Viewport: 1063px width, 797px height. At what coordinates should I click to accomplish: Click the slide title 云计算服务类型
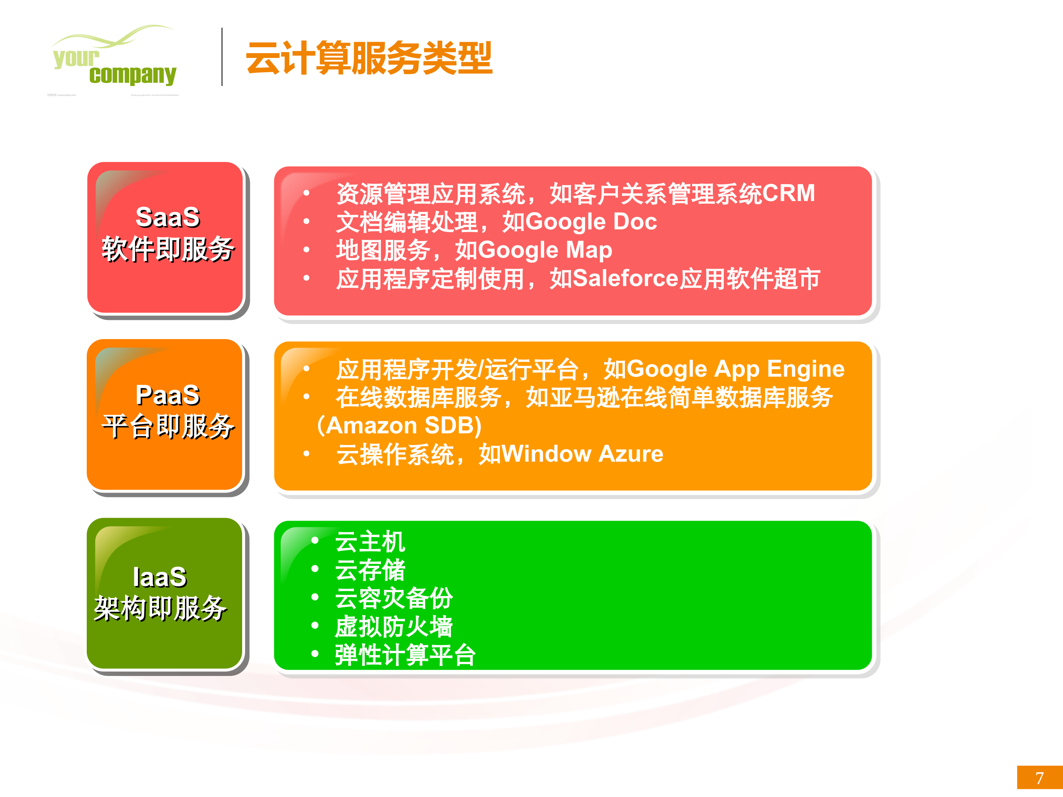tap(369, 58)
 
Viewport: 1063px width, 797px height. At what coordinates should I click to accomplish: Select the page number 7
tap(1039, 778)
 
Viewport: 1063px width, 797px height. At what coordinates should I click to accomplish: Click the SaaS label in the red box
tap(168, 217)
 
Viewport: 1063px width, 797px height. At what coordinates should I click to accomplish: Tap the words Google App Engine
tap(735, 369)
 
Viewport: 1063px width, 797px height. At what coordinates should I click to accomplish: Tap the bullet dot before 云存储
tap(315, 569)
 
